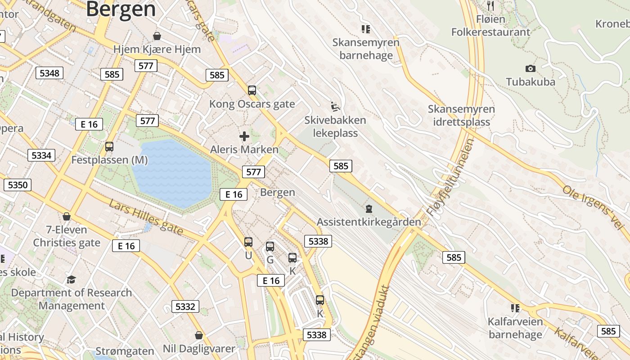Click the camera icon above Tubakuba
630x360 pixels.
pyautogui.click(x=531, y=68)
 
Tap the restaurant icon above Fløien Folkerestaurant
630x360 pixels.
pyautogui.click(x=490, y=6)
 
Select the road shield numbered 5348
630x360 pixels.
pyautogui.click(x=49, y=73)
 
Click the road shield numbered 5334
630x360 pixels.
pyautogui.click(x=41, y=156)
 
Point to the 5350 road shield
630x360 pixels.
pyautogui.click(x=18, y=184)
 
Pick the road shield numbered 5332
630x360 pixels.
pyautogui.click(x=185, y=307)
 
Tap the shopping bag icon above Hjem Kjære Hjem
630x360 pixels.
pyautogui.click(x=157, y=36)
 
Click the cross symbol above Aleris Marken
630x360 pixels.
pyautogui.click(x=244, y=136)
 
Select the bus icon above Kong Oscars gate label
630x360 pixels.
pyautogui.click(x=252, y=90)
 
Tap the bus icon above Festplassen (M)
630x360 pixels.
pyautogui.click(x=109, y=146)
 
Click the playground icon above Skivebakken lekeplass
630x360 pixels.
pyautogui.click(x=335, y=107)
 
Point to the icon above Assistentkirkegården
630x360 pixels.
pyautogui.click(x=369, y=209)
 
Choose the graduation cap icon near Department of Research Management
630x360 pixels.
pyautogui.click(x=71, y=280)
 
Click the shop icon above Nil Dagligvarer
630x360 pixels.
pyautogui.click(x=198, y=335)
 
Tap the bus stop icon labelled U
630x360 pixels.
pyautogui.click(x=248, y=242)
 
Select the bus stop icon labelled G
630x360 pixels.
pyautogui.click(x=270, y=247)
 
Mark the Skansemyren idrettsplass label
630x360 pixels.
pyautogui.click(x=461, y=115)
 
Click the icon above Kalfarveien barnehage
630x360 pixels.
pyautogui.click(x=515, y=308)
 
